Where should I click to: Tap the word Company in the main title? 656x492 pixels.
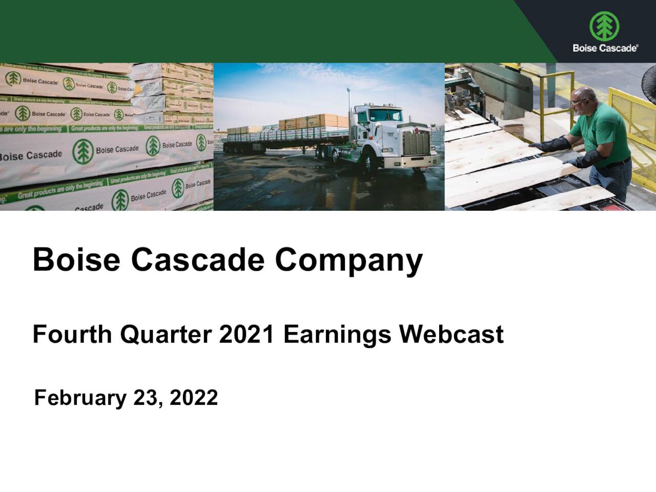tap(348, 260)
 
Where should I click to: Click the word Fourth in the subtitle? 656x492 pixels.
tap(72, 334)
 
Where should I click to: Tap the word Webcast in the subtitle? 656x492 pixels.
tap(451, 334)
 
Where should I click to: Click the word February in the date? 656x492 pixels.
tap(79, 398)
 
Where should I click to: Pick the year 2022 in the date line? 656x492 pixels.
tap(194, 398)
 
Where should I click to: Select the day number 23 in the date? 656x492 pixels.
tap(146, 398)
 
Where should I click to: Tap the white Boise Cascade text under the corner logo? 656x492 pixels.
tap(605, 48)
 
